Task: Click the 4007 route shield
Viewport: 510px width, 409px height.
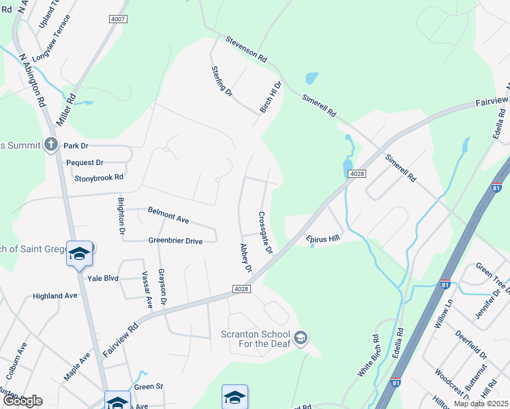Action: [x=118, y=19]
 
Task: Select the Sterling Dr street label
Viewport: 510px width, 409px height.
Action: [x=222, y=81]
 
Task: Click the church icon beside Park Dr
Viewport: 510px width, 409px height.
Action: [x=50, y=145]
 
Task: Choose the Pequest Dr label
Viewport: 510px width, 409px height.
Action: [x=85, y=162]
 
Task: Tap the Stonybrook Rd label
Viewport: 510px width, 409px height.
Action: [x=100, y=177]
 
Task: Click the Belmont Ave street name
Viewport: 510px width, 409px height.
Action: [x=168, y=215]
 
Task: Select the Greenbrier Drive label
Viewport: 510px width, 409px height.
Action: [x=175, y=241]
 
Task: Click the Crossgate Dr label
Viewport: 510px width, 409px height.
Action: [x=265, y=232]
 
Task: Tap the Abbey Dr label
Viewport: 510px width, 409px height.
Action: [x=245, y=258]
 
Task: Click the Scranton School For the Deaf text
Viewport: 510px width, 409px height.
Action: [x=256, y=339]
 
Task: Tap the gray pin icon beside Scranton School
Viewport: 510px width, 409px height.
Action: [x=301, y=337]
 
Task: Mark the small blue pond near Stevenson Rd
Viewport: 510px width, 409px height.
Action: [x=312, y=77]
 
